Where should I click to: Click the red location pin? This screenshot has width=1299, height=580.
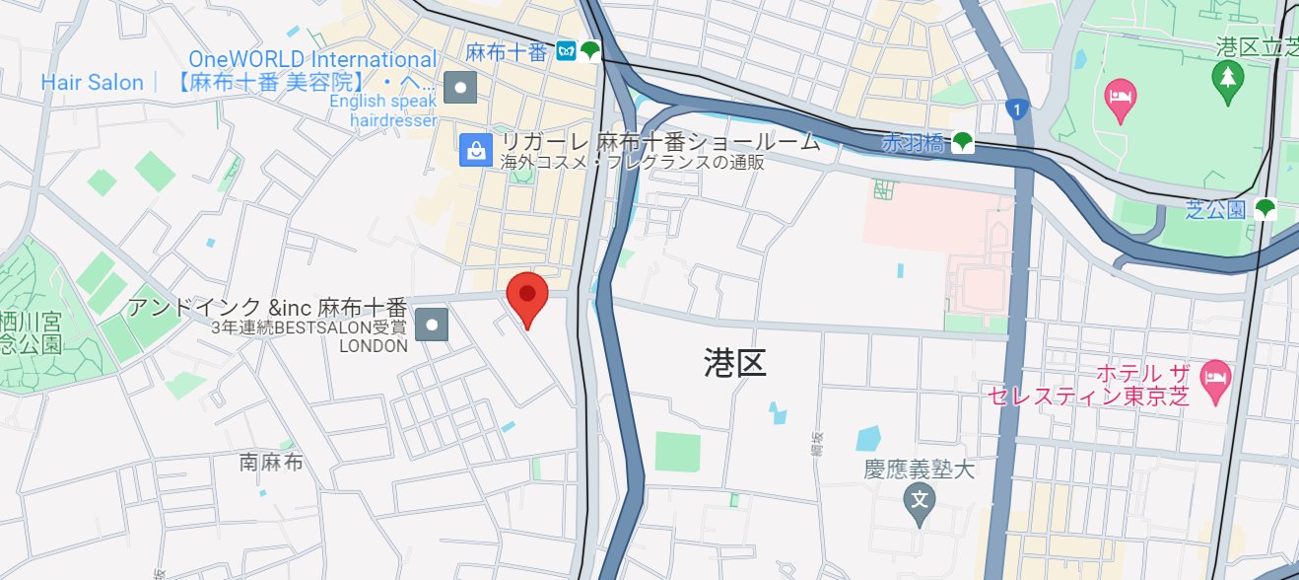click(x=527, y=296)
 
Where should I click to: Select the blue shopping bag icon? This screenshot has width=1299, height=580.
click(x=476, y=151)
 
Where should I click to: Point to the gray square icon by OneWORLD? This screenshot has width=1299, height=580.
click(x=460, y=89)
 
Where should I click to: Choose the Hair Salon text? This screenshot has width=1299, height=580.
click(x=93, y=83)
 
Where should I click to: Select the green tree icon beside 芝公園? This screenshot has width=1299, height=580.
click(x=1265, y=209)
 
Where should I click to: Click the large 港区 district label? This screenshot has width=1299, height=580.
click(x=735, y=363)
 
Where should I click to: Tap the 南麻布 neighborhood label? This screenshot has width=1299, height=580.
click(x=271, y=462)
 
